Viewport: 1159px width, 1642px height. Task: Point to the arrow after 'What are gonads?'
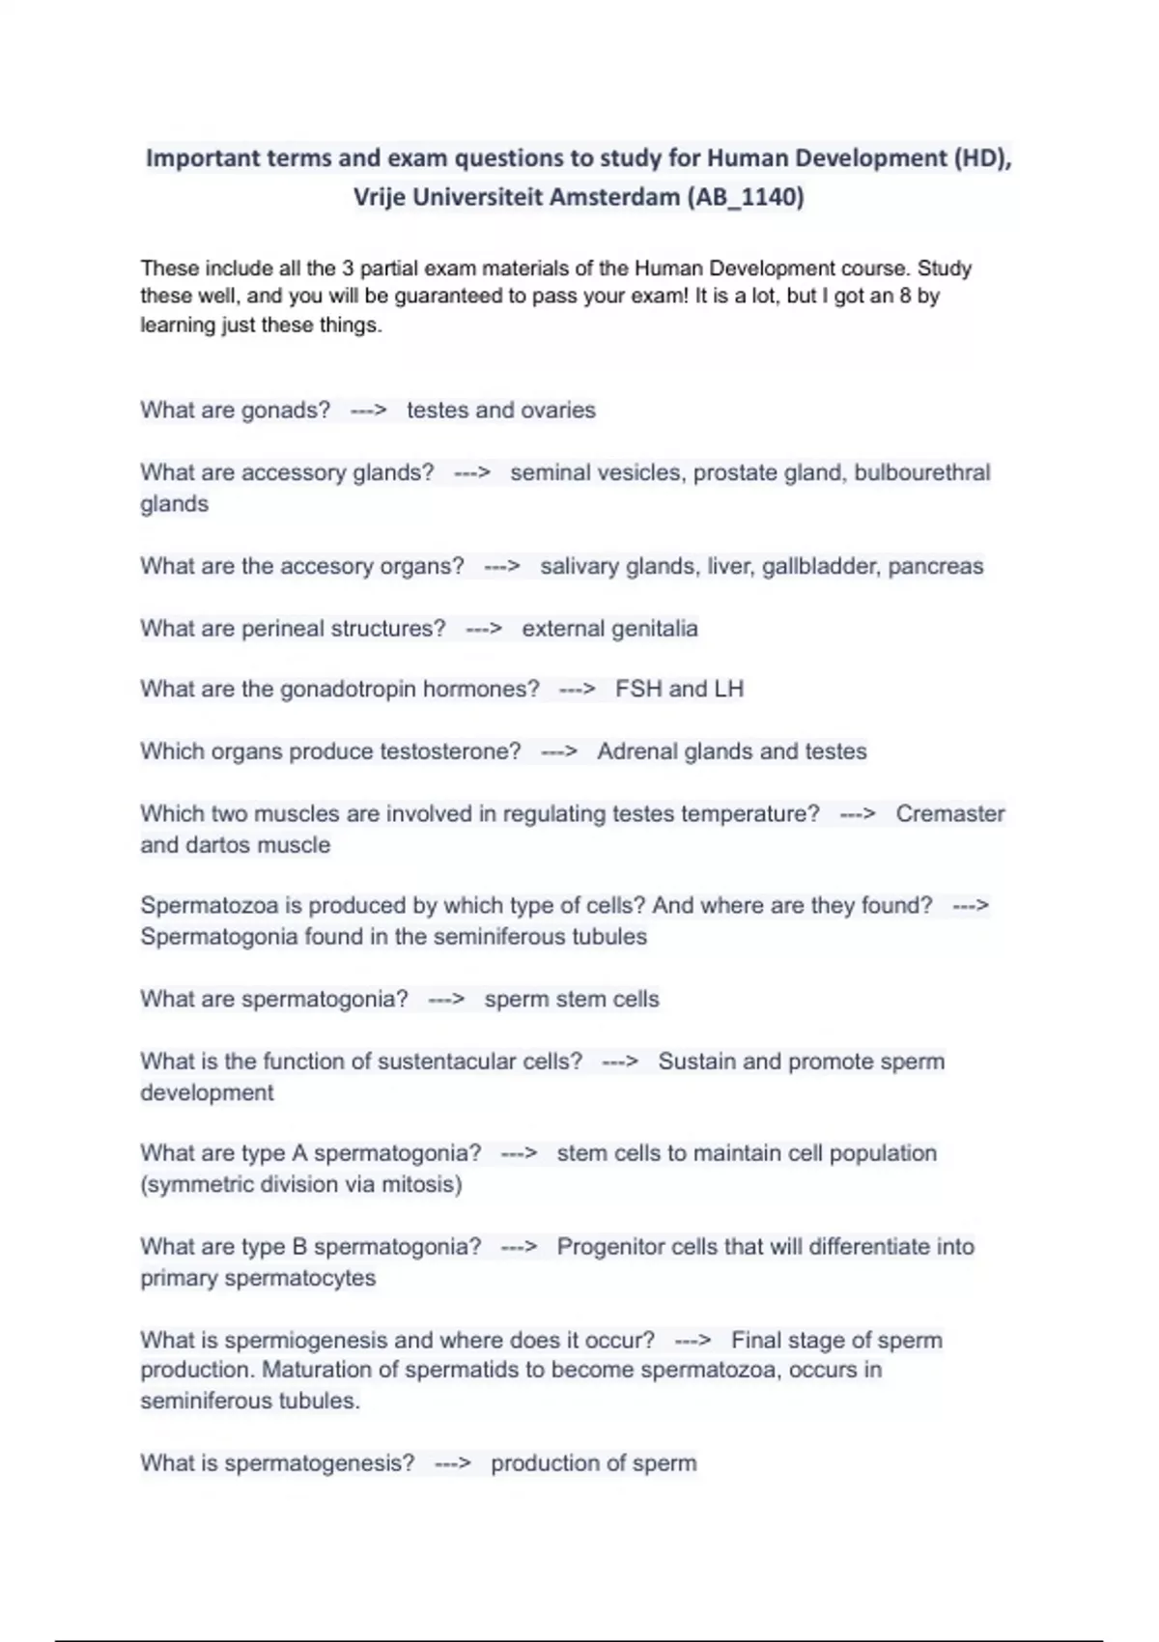click(x=368, y=410)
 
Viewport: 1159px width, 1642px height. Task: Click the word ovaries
click(x=558, y=410)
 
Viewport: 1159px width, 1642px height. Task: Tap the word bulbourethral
click(x=922, y=472)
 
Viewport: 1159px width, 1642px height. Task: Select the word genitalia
click(x=654, y=629)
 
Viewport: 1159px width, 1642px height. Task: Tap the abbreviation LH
click(x=728, y=690)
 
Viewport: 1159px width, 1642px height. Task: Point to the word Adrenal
click(x=636, y=751)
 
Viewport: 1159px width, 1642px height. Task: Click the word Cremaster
click(x=950, y=814)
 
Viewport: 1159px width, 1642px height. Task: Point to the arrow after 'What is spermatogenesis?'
click(x=452, y=1464)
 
